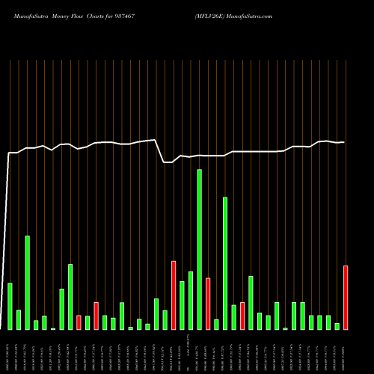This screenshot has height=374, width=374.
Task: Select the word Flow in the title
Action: coord(78,15)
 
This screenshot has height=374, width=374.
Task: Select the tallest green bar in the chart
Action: coord(199,249)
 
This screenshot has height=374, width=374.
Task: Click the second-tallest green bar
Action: coord(225,263)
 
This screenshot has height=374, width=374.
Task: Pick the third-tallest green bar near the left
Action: coord(28,283)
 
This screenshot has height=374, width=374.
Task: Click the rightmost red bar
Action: coord(346,298)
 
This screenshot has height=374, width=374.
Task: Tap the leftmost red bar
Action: coord(79,322)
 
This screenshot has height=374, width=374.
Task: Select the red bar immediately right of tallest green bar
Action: coord(208,304)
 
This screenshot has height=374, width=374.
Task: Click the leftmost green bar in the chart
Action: coord(10,307)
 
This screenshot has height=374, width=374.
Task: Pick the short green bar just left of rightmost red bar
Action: coord(337,326)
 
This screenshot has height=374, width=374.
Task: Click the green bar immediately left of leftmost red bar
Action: coord(70,297)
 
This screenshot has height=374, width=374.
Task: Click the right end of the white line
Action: coord(344,142)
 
